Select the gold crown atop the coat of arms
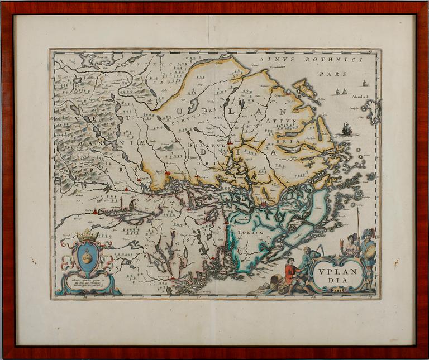click(x=87, y=235)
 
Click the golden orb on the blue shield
click(x=87, y=257)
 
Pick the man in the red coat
click(x=290, y=273)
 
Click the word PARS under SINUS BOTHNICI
click(x=337, y=73)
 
